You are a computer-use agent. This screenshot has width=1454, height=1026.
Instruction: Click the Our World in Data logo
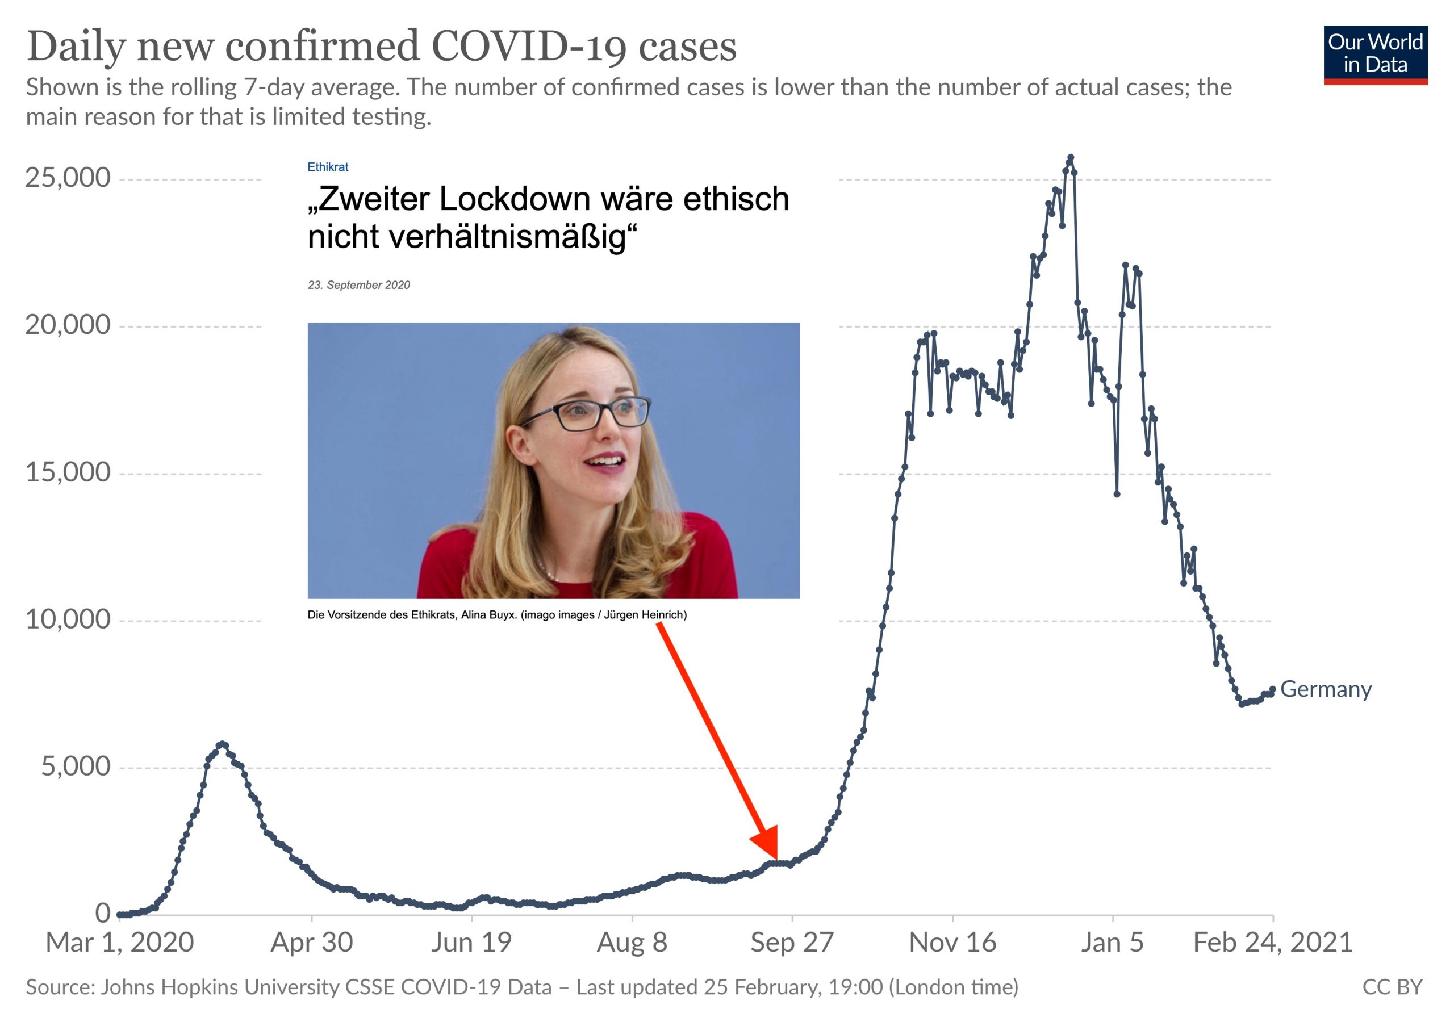pyautogui.click(x=1375, y=54)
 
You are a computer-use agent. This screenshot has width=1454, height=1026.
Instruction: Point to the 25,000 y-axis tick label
pyautogui.click(x=68, y=178)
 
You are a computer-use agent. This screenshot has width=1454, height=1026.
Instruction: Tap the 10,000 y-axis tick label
pyautogui.click(x=68, y=619)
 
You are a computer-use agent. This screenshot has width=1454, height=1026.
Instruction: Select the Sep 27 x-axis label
pyautogui.click(x=792, y=943)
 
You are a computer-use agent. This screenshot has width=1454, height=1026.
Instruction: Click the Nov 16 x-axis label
pyautogui.click(x=952, y=943)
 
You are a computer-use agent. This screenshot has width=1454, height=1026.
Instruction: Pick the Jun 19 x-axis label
pyautogui.click(x=471, y=943)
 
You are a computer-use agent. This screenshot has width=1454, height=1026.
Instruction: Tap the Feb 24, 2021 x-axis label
pyautogui.click(x=1272, y=943)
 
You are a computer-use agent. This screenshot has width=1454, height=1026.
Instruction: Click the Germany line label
pyautogui.click(x=1326, y=689)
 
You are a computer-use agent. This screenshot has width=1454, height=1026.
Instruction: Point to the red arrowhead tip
pyautogui.click(x=776, y=859)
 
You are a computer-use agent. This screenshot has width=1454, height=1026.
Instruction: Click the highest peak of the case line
pyautogui.click(x=1070, y=156)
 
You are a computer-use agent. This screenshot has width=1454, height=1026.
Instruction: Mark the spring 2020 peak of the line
pyautogui.click(x=222, y=744)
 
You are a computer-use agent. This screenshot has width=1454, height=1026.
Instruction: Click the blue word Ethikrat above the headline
pyautogui.click(x=327, y=167)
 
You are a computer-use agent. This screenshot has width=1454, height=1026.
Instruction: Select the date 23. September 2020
pyautogui.click(x=358, y=286)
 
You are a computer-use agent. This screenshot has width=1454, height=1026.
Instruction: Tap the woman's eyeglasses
pyautogui.click(x=586, y=413)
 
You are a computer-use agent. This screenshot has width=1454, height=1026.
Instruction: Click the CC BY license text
pyautogui.click(x=1392, y=987)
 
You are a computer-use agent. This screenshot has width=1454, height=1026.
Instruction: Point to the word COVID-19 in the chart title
pyautogui.click(x=529, y=46)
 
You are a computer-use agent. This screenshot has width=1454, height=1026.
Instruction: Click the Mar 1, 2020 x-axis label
pyautogui.click(x=120, y=943)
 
